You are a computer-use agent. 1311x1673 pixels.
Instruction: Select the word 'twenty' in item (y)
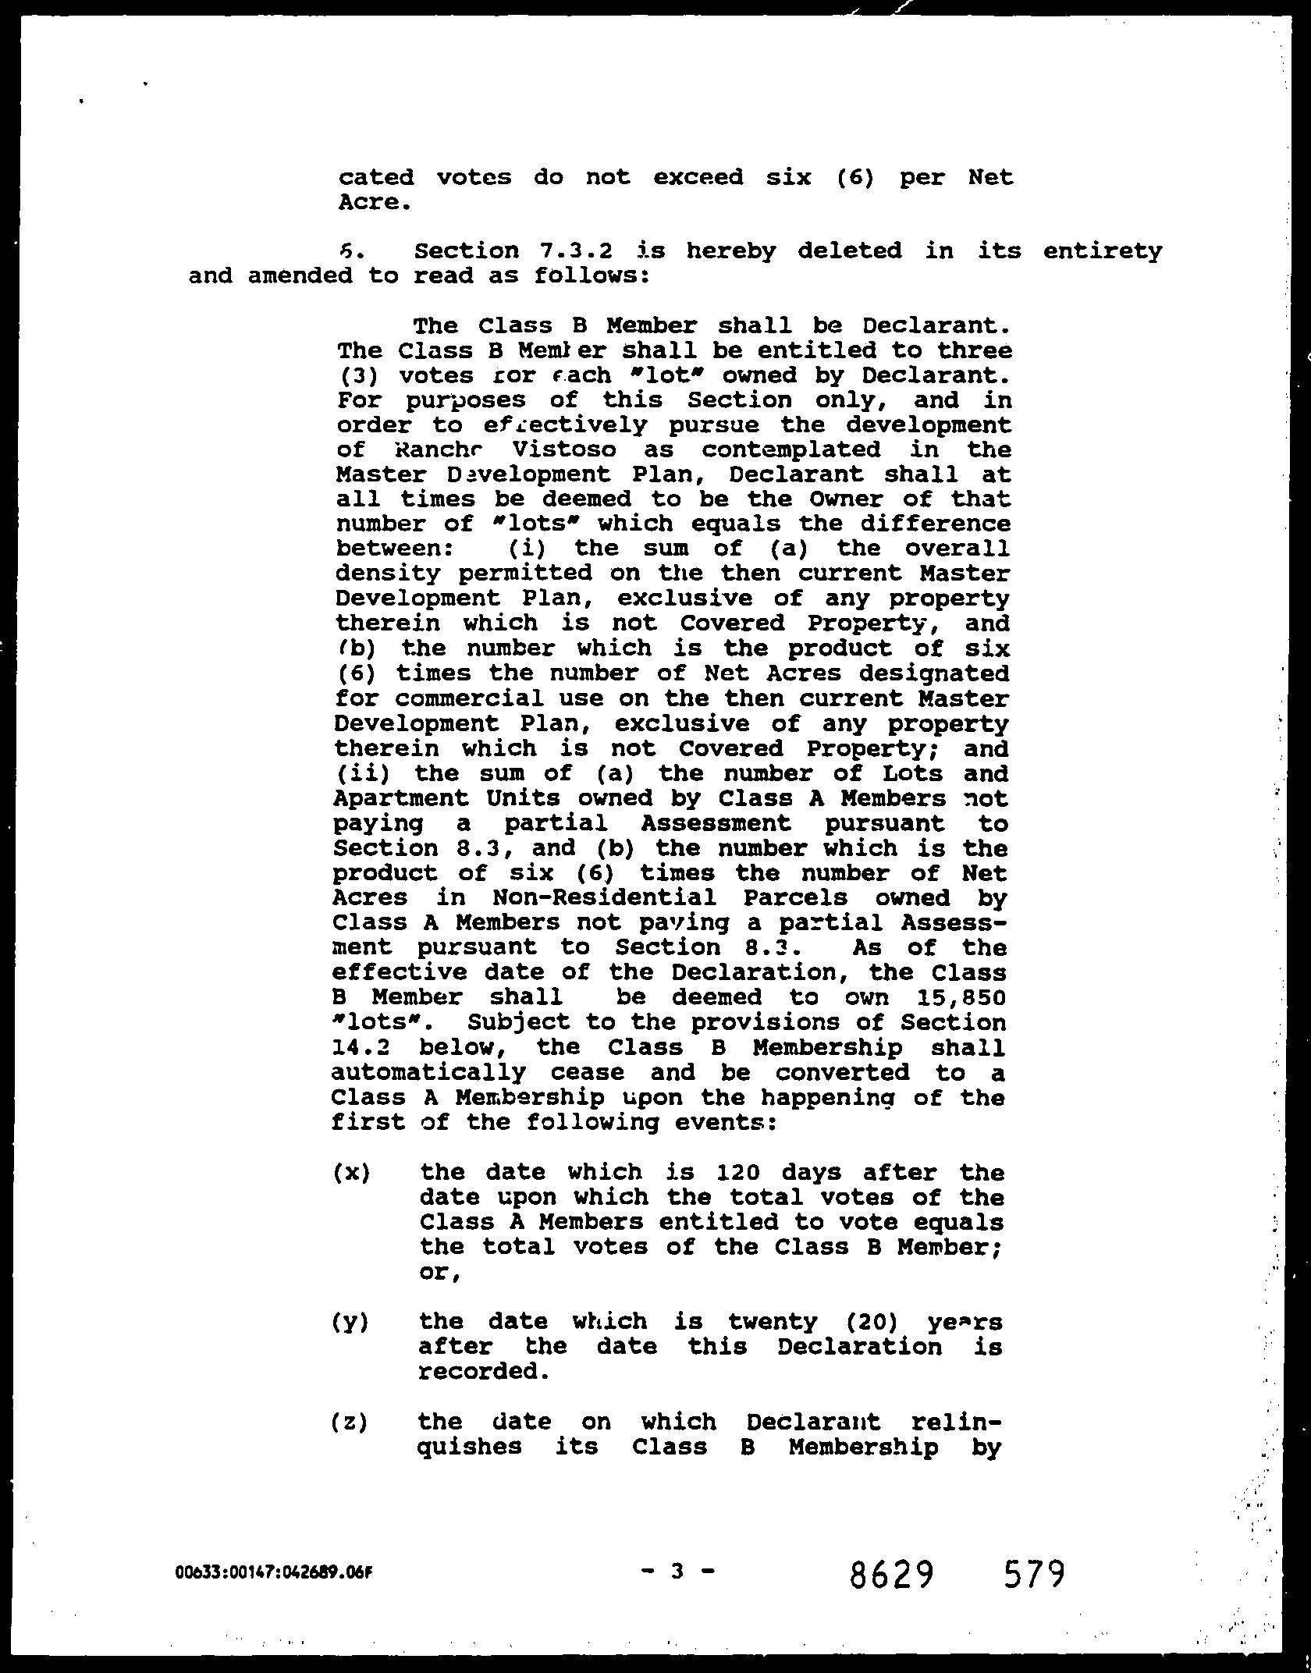tap(773, 1321)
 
